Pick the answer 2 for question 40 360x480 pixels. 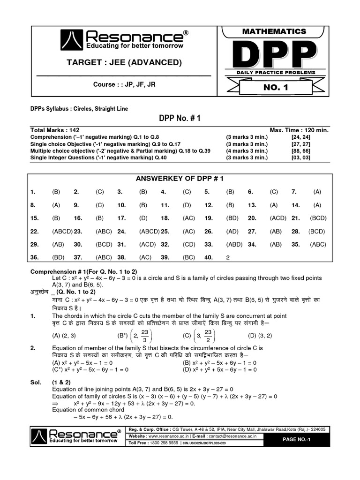coord(227,257)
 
